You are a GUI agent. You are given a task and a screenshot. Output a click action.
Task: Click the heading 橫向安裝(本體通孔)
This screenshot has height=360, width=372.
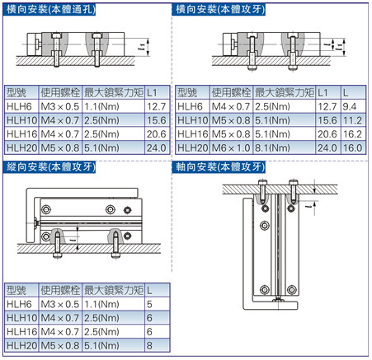point(49,10)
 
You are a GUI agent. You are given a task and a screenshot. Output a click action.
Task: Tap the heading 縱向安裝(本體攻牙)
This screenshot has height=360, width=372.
point(49,167)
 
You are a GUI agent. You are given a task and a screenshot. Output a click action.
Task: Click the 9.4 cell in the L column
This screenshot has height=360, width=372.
point(353,106)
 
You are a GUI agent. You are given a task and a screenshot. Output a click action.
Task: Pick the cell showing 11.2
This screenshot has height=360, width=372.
point(353,120)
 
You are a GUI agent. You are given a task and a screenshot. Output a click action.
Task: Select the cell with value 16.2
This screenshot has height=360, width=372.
point(353,133)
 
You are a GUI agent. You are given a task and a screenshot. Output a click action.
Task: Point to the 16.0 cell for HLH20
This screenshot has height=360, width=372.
point(353,147)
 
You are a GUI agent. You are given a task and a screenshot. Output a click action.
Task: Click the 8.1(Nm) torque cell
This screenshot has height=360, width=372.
point(285,147)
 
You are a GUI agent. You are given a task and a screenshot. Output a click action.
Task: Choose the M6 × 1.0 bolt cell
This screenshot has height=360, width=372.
point(231,147)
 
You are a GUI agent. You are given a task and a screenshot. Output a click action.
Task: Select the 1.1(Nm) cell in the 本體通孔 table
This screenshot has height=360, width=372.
point(113,106)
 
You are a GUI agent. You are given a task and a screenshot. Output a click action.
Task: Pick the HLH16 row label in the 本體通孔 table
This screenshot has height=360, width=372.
point(21,133)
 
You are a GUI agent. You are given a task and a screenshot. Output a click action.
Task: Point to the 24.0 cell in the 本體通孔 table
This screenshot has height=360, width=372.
point(157,147)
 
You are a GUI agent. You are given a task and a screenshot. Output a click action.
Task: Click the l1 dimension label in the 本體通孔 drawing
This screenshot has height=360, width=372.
point(142,48)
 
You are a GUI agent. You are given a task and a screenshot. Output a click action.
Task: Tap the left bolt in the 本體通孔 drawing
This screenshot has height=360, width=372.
point(56,50)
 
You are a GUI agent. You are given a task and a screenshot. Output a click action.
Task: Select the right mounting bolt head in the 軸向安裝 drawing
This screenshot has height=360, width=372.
point(294,182)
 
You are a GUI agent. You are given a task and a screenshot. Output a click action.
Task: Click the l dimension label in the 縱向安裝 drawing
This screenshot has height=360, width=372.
point(72,240)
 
